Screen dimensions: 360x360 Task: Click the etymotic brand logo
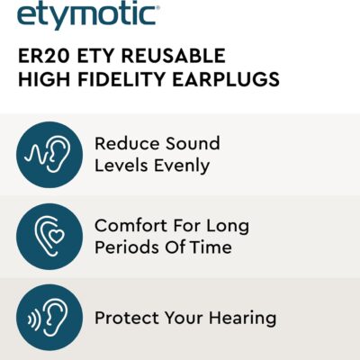pos(88,13)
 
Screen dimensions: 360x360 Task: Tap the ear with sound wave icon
pos(49,155)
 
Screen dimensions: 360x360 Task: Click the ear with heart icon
pos(49,236)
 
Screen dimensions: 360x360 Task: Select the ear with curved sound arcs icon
pos(49,319)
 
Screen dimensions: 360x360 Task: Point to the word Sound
pos(193,144)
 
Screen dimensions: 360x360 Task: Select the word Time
pos(214,247)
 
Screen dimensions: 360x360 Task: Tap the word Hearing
pos(242,319)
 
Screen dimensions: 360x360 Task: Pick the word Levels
pos(122,166)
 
